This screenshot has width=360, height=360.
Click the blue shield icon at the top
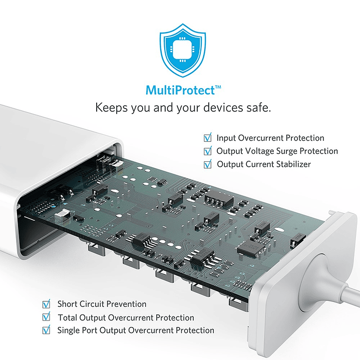[183, 50]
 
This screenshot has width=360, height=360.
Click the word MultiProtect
[180, 90]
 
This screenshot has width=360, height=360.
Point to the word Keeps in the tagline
[111, 108]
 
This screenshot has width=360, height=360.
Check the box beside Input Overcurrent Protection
[208, 137]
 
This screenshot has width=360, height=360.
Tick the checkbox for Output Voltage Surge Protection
[208, 151]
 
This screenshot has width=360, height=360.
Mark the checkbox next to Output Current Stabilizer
[208, 164]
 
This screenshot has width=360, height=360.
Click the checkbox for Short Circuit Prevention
[47, 304]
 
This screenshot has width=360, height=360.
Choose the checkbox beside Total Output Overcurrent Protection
[47, 317]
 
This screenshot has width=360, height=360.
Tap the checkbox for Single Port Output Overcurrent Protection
[47, 330]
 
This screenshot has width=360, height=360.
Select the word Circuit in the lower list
[90, 304]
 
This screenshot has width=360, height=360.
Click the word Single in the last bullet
[68, 330]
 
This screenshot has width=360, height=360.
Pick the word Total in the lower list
[67, 317]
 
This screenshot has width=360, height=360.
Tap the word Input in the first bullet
[226, 138]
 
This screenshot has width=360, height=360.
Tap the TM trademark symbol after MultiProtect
[218, 87]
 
